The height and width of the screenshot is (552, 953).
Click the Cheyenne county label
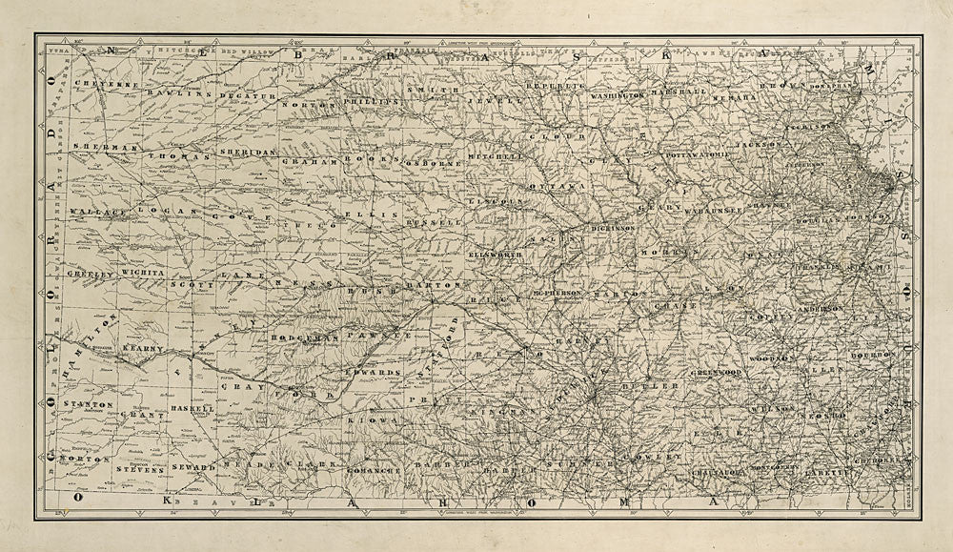coord(115,85)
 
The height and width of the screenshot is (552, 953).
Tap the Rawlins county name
coord(183,94)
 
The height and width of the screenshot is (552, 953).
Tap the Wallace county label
coord(98,211)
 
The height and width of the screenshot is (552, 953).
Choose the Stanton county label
coord(86,405)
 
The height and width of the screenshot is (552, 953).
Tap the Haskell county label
coord(193,407)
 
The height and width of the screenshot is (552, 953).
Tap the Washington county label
coord(618,96)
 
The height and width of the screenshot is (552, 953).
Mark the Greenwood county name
coord(717,371)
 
